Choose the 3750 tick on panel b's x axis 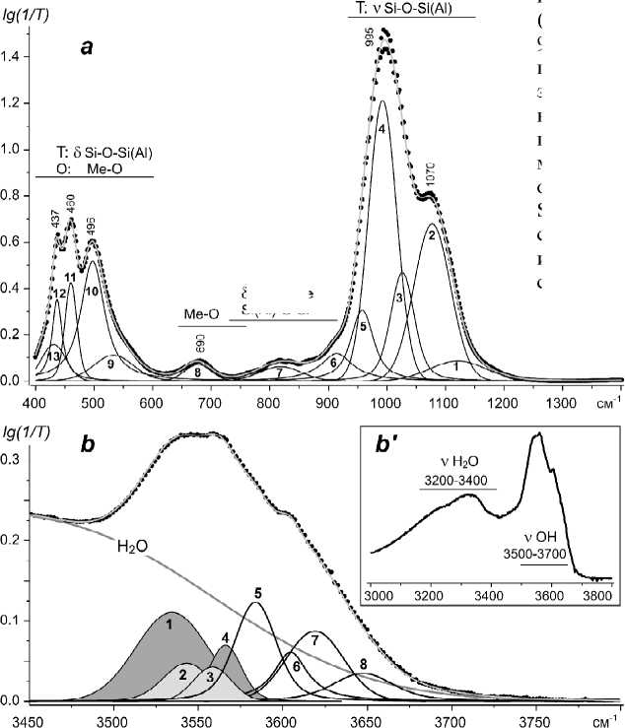point(535,717)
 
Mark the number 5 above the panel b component point(256,593)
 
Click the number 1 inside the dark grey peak point(170,623)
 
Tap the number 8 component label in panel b point(363,664)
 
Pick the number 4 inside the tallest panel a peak point(381,129)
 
